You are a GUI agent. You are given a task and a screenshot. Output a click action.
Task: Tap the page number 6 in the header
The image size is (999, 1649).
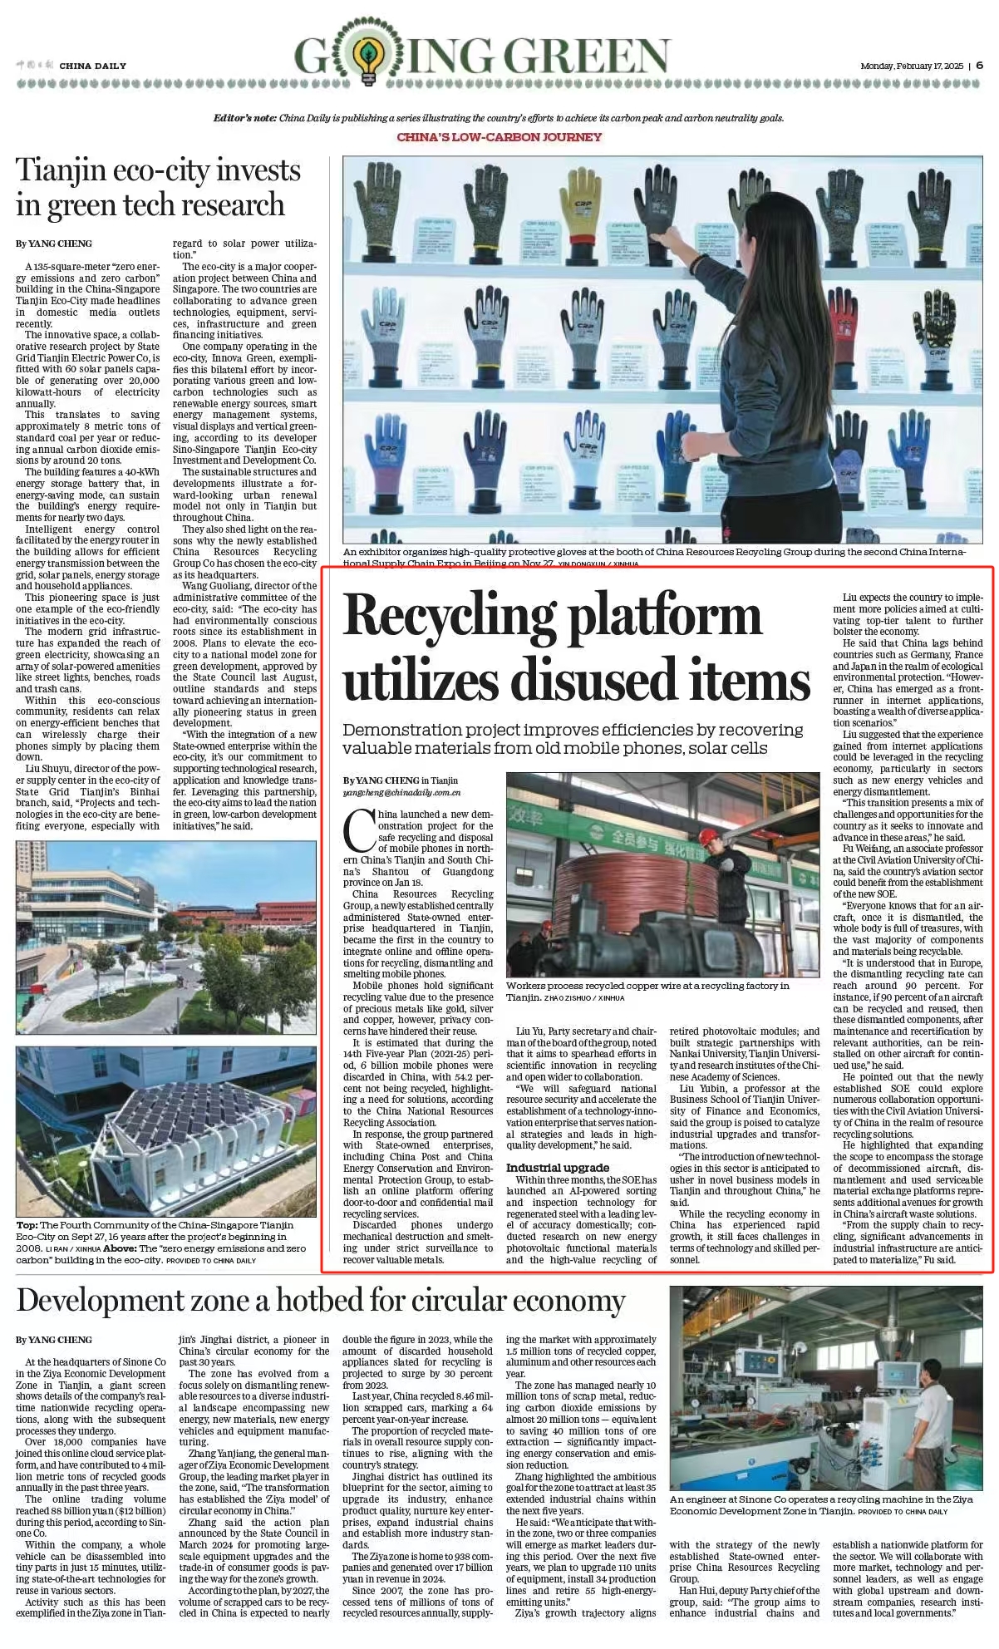(979, 66)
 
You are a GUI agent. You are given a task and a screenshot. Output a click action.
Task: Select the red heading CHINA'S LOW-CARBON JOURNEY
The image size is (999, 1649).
(499, 137)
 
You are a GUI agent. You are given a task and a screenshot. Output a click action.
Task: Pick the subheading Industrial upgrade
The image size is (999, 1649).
(557, 1168)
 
